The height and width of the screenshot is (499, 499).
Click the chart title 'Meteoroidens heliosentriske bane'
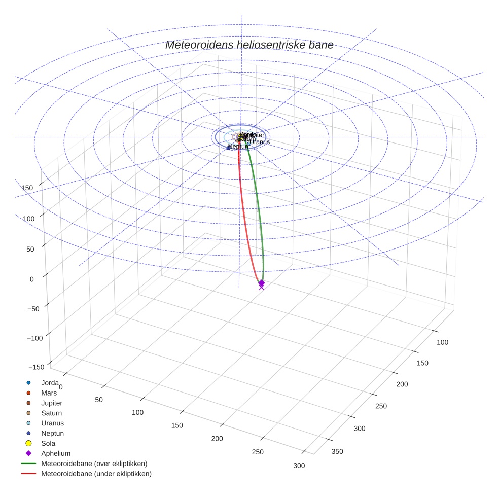pos(249,45)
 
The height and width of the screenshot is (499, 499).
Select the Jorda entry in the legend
pos(50,383)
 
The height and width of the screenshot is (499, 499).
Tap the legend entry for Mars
pos(49,393)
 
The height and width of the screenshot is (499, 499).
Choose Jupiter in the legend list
pos(52,403)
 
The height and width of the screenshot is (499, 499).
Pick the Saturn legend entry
pos(51,413)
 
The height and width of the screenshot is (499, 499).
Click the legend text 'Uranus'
pos(52,423)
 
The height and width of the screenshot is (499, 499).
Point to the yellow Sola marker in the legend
pos(29,443)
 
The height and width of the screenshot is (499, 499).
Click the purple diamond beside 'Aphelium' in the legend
pos(29,453)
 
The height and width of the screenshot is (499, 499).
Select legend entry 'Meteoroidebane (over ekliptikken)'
pos(94,464)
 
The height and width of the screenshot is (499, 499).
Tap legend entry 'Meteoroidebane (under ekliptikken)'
pos(96,474)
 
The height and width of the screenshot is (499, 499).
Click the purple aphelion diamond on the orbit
pos(262,282)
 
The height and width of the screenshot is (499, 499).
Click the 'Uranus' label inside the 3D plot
pos(259,142)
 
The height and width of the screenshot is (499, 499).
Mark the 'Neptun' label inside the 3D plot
pos(238,147)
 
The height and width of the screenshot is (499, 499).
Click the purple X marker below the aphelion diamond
pos(262,288)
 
